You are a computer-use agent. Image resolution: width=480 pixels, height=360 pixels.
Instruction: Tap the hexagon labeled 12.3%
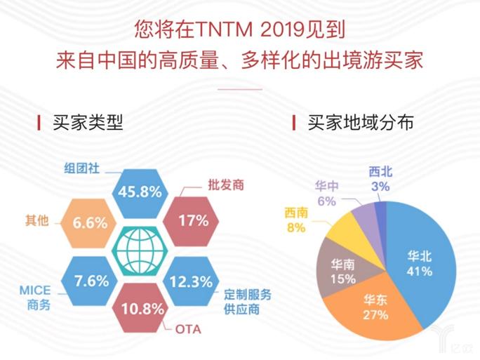point(191,282)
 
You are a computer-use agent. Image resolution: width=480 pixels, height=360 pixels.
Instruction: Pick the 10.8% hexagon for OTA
point(141,309)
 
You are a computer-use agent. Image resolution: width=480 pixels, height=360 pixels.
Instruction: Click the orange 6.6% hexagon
point(90,222)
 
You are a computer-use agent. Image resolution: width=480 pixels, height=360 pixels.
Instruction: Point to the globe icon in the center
point(141,250)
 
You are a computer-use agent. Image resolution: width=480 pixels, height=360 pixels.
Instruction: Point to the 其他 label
point(36,220)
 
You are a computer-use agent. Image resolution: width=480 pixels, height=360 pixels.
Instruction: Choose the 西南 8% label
point(295,219)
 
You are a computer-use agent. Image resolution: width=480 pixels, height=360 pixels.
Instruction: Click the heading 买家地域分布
point(360,123)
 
